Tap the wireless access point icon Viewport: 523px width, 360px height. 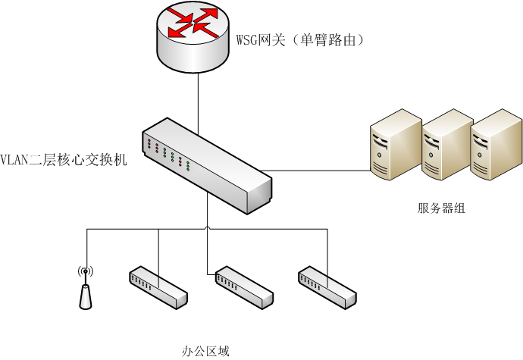[x=86, y=288]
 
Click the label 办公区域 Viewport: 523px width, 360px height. [x=205, y=351]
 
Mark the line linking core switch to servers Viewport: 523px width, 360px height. [x=318, y=168]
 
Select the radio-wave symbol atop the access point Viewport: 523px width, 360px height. [x=85, y=271]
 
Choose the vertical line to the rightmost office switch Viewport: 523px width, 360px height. [x=328, y=250]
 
